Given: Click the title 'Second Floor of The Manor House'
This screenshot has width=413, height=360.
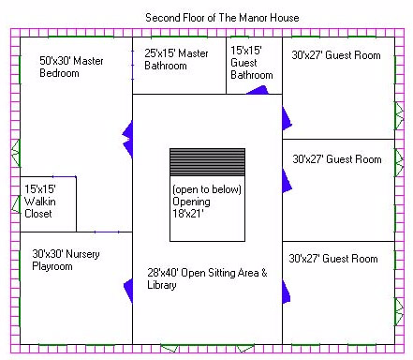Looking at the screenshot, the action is tap(222, 18).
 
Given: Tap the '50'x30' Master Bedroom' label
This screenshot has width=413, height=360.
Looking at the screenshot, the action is tap(71, 67).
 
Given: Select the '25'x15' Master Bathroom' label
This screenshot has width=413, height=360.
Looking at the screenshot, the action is tap(176, 59).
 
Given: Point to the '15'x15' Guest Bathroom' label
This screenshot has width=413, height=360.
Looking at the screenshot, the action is tap(252, 63).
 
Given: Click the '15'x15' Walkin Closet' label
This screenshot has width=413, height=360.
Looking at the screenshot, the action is tap(40, 202).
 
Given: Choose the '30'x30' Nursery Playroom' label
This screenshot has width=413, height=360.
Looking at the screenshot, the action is tap(66, 260).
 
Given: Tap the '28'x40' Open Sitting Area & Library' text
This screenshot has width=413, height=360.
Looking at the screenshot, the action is tap(207, 278).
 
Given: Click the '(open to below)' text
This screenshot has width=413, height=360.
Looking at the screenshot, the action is tap(207, 189).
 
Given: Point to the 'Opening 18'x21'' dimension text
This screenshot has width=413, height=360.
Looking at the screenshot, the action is tap(191, 207).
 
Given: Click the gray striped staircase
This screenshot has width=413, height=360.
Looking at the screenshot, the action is tap(207, 162).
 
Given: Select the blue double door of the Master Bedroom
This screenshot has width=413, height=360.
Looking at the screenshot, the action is tap(127, 140).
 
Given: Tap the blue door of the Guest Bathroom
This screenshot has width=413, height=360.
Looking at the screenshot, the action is tap(258, 90).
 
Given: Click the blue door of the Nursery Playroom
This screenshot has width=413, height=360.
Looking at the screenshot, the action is tap(128, 291).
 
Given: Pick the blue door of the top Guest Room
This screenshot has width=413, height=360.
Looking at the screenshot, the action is tap(287, 118).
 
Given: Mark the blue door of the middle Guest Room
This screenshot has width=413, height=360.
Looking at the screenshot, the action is tap(287, 181).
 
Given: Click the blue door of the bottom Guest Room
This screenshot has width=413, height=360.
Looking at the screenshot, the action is tap(286, 292).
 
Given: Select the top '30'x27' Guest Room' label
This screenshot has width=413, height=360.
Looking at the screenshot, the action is tap(336, 55).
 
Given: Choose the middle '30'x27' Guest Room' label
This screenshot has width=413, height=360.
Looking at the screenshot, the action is tap(337, 159).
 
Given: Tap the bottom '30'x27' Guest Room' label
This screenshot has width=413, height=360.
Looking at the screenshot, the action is tap(333, 259).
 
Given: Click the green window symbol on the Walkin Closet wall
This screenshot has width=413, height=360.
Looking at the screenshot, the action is tap(16, 204).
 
